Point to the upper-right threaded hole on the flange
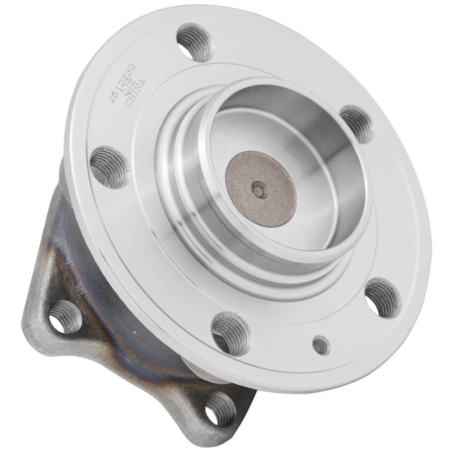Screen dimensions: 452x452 tap(358, 120)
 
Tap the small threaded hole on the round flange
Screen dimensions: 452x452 tap(320, 346)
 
